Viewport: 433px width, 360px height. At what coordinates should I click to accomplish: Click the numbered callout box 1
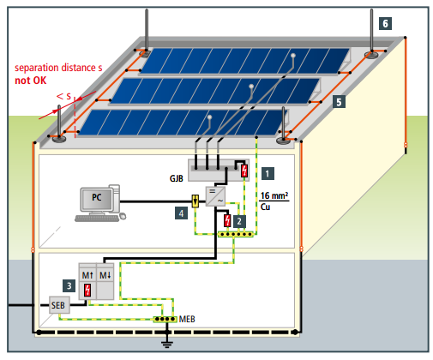pos(268,173)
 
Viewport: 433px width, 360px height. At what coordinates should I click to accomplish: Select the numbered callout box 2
pos(239,221)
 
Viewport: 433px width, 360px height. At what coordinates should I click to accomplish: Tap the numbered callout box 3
pos(69,285)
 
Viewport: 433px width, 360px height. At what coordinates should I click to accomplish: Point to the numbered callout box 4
pos(181,213)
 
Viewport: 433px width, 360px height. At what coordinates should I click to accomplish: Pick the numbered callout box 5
pos(339,102)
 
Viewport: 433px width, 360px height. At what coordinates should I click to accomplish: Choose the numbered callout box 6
pos(385,23)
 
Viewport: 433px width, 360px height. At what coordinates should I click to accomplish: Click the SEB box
pos(59,305)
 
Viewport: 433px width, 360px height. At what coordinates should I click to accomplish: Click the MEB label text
pos(187,319)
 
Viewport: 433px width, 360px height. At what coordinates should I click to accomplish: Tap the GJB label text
pos(176,178)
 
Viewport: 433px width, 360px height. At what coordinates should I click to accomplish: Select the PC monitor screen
pos(96,199)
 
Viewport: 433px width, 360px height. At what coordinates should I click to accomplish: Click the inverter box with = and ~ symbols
pos(215,196)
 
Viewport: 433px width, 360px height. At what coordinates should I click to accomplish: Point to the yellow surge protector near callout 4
pos(195,201)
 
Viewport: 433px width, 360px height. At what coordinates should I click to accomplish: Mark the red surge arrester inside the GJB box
pos(244,171)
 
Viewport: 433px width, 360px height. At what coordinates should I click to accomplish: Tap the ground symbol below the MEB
pos(167,343)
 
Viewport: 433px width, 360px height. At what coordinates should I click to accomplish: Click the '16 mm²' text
pos(274,195)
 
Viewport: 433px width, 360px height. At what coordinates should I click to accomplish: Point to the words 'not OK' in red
pos(30,81)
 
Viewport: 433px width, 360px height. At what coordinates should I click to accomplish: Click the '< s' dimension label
pos(63,96)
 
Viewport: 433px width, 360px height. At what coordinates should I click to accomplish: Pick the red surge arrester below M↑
pos(87,290)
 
